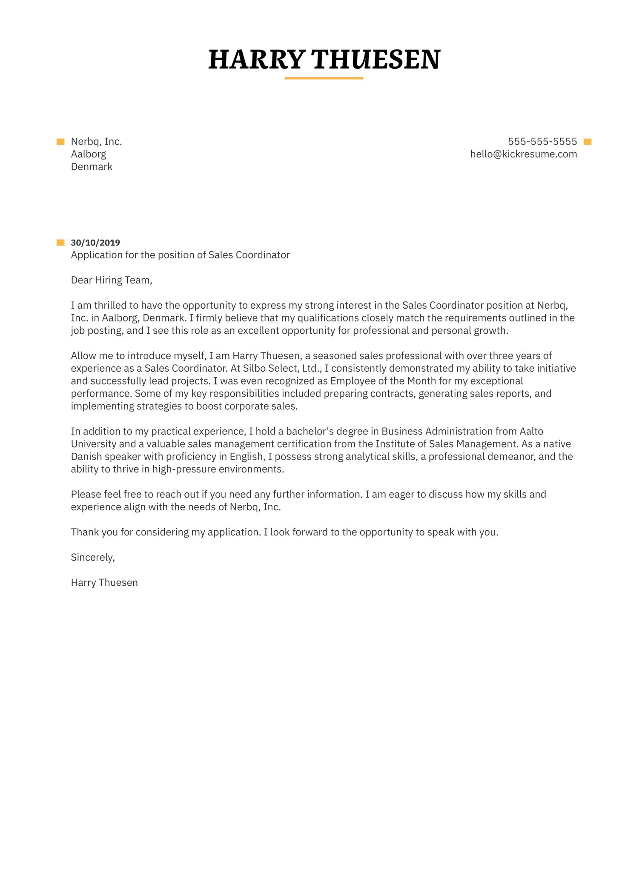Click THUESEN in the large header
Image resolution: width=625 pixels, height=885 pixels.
376,60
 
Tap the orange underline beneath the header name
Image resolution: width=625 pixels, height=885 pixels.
324,78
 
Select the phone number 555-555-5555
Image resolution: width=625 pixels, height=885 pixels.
542,142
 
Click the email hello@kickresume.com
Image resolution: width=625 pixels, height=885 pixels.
523,154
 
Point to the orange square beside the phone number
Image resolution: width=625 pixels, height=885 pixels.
588,142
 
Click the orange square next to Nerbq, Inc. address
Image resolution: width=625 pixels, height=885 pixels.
60,142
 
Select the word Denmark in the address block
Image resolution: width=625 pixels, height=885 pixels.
92,167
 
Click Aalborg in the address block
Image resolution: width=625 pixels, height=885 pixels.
89,154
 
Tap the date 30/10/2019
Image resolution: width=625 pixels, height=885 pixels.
95,243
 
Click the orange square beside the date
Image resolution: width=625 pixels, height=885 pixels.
60,243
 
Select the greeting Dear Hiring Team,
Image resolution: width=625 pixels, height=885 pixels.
112,281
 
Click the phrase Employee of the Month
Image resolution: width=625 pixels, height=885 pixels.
377,381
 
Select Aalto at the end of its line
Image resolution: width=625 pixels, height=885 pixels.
531,431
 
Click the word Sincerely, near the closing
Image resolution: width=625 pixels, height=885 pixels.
93,558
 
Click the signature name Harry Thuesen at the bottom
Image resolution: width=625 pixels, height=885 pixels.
104,583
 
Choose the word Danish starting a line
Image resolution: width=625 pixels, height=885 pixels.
86,457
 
